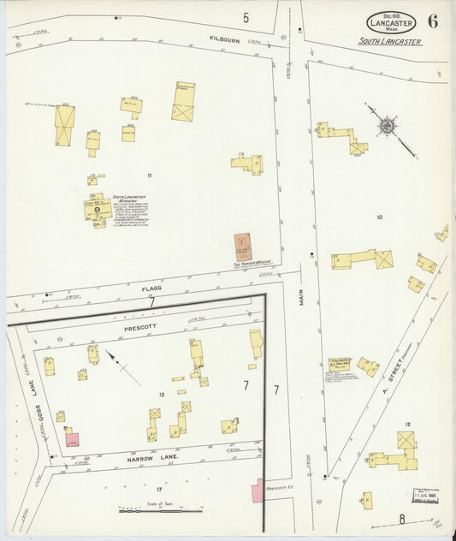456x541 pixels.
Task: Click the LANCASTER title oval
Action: [391, 23]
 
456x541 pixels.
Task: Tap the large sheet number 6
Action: [433, 21]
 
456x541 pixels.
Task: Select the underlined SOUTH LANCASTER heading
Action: [390, 41]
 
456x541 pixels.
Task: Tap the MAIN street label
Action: [302, 296]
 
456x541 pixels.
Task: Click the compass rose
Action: [388, 127]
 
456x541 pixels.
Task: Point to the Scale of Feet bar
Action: [161, 511]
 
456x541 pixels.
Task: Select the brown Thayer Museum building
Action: [244, 247]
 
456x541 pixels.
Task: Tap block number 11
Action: [149, 175]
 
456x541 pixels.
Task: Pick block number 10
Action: [379, 217]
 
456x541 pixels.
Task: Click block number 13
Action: [161, 394]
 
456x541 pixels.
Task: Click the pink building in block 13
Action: [73, 439]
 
